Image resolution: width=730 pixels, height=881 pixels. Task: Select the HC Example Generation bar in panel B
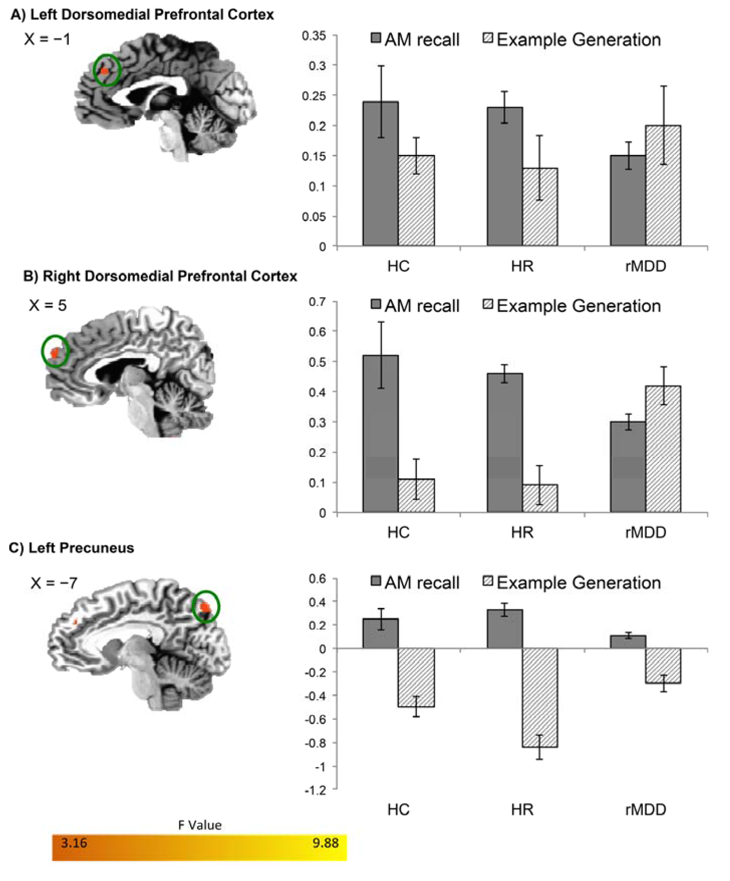coord(416,496)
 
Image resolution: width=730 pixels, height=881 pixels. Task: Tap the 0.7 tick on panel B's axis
coord(317,302)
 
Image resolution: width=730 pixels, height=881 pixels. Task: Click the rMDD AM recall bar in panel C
coord(628,642)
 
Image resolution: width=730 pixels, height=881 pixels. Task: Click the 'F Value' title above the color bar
coord(200,825)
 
